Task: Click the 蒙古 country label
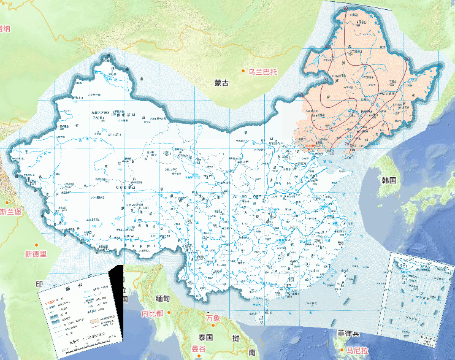point(221,83)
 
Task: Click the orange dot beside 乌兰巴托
point(243,72)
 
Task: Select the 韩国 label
point(390,180)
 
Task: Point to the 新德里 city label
point(36,254)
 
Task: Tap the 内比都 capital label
point(152,313)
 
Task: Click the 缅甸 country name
point(162,299)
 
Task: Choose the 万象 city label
point(213,318)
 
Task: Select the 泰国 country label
point(205,337)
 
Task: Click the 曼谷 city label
point(199,348)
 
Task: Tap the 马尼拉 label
point(356,351)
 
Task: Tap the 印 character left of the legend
point(39,284)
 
